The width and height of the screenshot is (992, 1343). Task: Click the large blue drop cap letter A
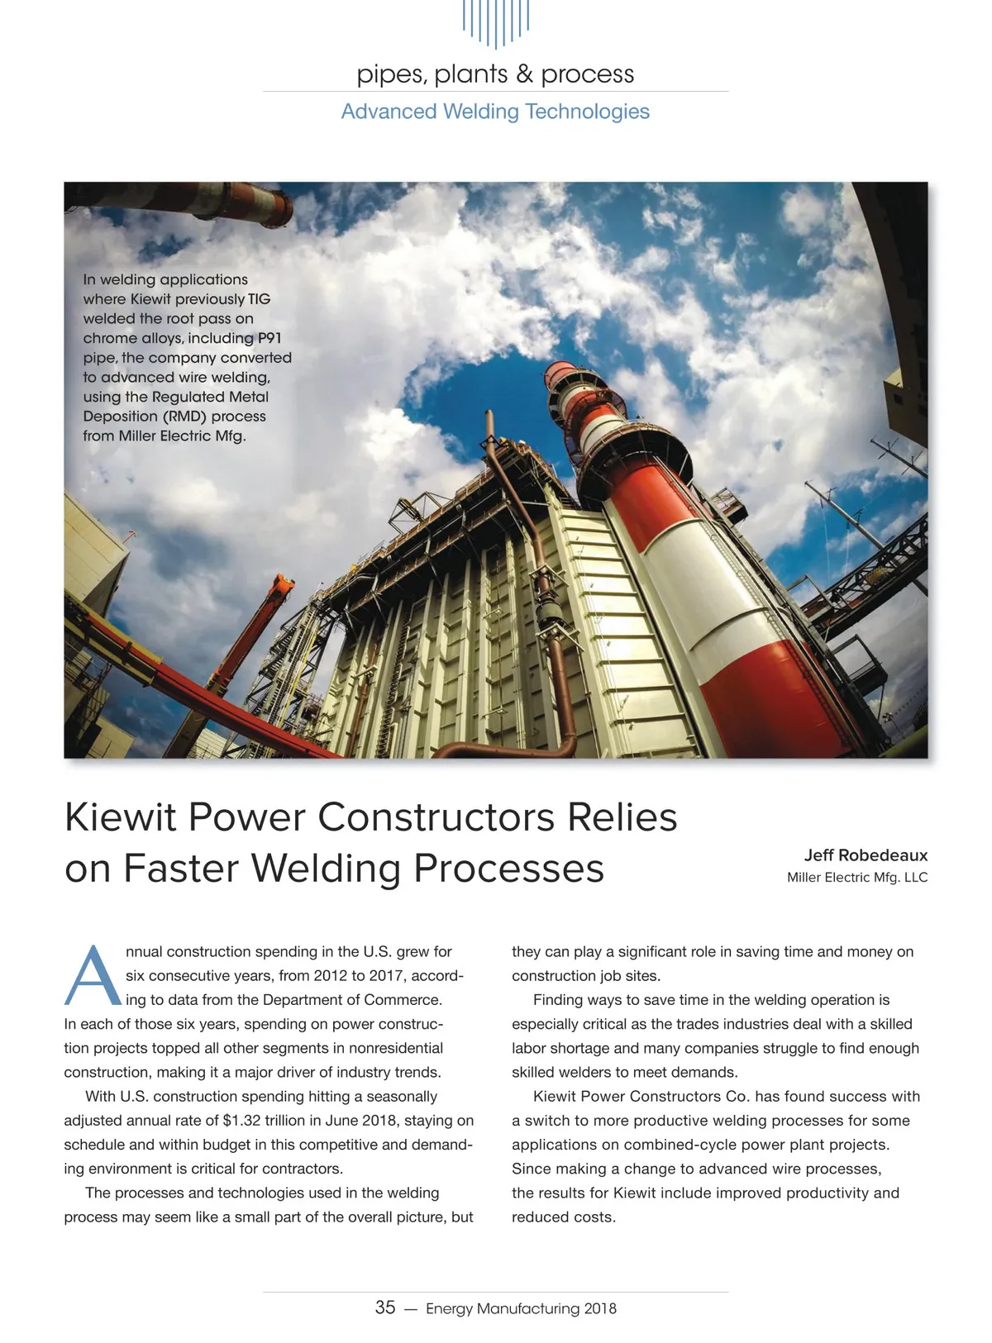93,976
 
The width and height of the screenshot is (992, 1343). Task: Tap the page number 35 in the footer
385,1307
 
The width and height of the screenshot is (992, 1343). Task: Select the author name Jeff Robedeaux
866,855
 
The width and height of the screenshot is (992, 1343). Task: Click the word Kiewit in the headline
121,817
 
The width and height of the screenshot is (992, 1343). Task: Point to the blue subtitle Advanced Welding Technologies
495,112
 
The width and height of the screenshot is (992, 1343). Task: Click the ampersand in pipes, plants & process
524,74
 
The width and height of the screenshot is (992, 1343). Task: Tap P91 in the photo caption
269,338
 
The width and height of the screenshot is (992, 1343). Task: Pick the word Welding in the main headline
326,869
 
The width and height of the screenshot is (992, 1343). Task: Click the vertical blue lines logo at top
495,22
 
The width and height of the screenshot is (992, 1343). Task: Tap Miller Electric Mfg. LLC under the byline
856,878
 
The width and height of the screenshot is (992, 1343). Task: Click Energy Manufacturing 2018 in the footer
521,1308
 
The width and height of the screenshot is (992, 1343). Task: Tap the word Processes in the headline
508,869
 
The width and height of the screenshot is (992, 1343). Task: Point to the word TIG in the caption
259,299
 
